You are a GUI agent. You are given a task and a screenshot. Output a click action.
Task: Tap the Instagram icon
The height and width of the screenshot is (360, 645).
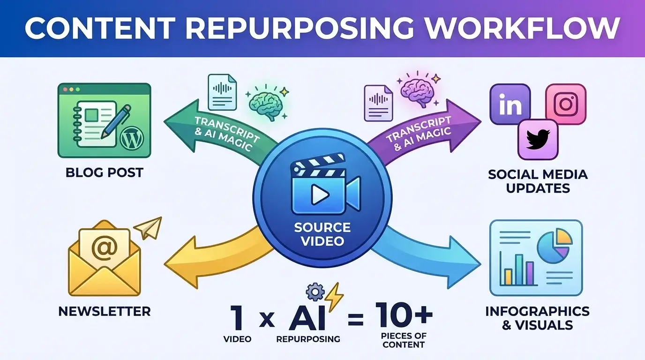pos(566,104)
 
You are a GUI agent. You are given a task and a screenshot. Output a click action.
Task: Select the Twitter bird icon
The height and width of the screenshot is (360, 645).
pos(538,139)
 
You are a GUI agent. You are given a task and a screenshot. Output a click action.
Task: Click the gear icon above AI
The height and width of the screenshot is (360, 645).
pos(315,292)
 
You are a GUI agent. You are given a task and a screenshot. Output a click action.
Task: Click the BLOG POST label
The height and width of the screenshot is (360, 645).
pos(104,172)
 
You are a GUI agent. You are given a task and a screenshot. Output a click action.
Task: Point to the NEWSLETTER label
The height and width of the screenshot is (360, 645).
pos(105,311)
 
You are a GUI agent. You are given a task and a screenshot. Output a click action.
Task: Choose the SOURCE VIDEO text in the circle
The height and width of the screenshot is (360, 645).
pos(322,234)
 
